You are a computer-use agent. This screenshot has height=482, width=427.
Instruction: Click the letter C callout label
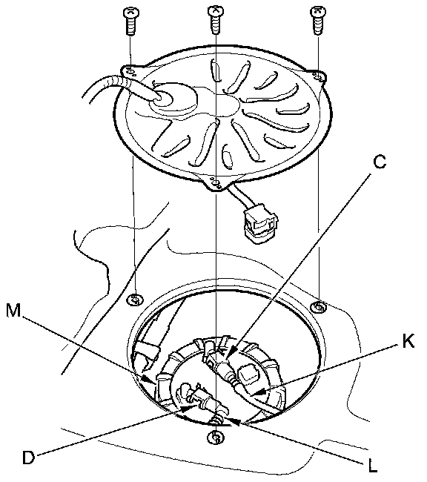click(380, 162)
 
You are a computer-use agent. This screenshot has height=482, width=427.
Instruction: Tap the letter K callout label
click(408, 340)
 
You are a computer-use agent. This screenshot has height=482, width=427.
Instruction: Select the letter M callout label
click(13, 310)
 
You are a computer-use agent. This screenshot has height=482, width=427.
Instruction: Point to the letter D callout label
click(29, 458)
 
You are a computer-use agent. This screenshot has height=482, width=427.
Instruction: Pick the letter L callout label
click(373, 466)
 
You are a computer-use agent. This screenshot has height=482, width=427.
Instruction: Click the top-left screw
click(130, 21)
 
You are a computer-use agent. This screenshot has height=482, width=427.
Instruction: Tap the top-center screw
click(216, 19)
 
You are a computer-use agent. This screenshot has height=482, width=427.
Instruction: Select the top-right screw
click(318, 21)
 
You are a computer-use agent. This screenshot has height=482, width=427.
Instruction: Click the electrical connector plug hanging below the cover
click(260, 225)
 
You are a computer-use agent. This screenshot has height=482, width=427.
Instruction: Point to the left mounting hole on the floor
click(135, 299)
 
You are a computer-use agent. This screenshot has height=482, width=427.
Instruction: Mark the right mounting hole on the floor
click(319, 306)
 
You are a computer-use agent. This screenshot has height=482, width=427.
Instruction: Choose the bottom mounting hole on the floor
click(216, 437)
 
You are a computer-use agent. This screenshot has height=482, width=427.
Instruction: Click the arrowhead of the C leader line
click(231, 351)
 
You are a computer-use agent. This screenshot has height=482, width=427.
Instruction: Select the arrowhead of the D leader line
click(190, 408)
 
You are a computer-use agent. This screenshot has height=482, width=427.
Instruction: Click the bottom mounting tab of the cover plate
click(216, 183)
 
